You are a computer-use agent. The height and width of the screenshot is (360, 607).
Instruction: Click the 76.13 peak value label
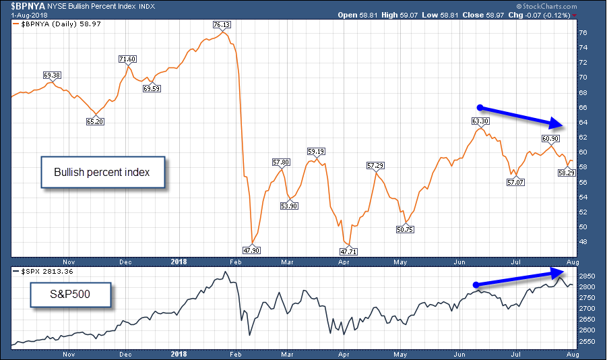coord(222,24)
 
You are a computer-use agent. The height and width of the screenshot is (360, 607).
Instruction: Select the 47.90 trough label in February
coord(252,250)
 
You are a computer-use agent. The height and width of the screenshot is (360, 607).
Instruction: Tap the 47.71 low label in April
coord(348,251)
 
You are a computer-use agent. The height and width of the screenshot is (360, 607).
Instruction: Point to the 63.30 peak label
coord(479,121)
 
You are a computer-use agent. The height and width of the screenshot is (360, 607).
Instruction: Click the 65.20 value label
coord(96,121)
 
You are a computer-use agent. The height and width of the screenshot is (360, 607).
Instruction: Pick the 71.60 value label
coord(127,59)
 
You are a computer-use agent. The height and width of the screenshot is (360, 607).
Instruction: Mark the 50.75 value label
coord(405,229)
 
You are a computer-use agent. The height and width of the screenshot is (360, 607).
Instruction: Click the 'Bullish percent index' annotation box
coord(102,173)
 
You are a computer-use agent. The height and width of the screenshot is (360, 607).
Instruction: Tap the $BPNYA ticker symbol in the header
coord(22,6)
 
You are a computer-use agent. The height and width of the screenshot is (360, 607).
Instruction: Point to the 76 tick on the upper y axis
coord(583,32)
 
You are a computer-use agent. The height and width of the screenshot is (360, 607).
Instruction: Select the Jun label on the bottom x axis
coord(459,353)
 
